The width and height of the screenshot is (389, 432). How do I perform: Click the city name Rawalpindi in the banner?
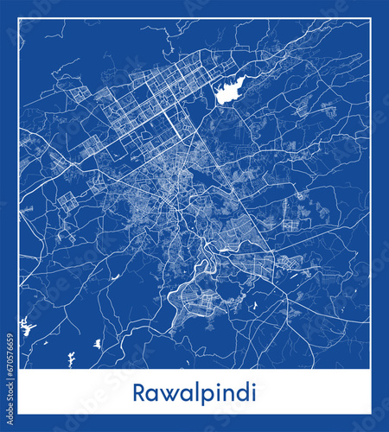pos(194,390)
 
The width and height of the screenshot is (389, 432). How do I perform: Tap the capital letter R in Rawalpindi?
pos(139,390)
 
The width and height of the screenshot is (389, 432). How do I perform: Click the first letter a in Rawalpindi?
pos(151,391)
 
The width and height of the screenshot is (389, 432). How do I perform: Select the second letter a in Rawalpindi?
pos(178,391)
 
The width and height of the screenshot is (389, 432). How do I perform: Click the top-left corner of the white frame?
pos(19,19)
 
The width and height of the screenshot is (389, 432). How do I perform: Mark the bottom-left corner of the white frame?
pos(19,412)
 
